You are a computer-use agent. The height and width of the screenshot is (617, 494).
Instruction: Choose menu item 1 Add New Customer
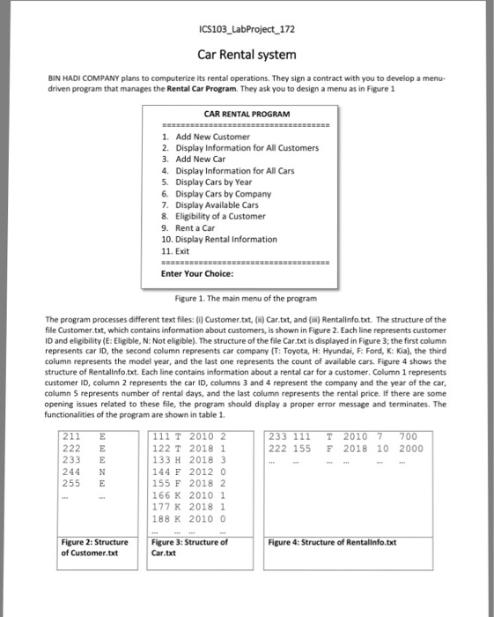207,138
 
